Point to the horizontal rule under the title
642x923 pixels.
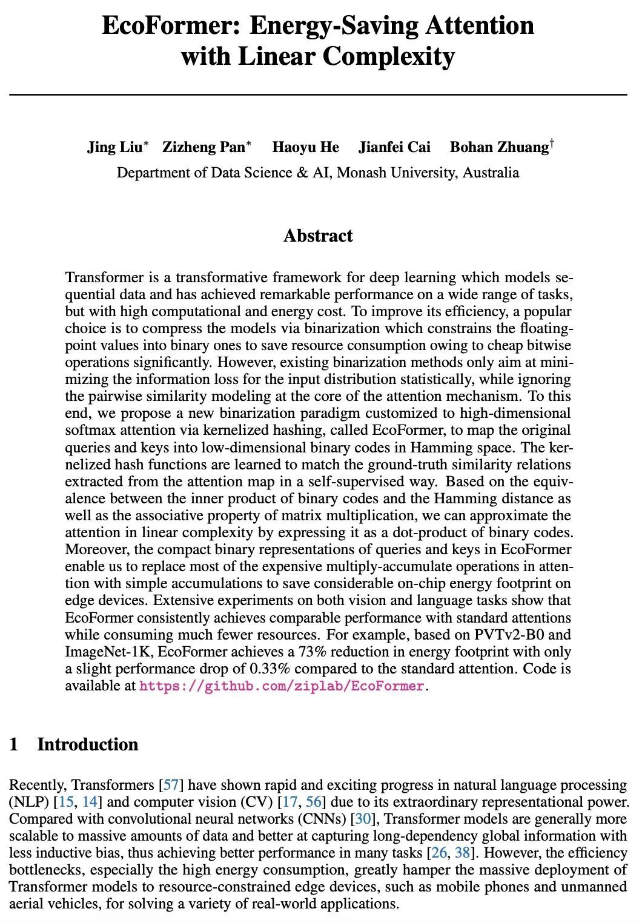point(318,95)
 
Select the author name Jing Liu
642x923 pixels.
point(114,147)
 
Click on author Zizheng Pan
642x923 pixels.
point(204,147)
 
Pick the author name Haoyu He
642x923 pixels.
point(305,147)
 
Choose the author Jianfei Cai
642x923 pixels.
point(394,147)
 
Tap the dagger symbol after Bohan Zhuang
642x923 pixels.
point(552,144)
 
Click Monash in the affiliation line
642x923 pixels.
point(361,173)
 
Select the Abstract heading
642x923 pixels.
point(318,236)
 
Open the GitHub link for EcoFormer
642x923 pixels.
point(282,686)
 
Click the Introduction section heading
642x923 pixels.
point(87,744)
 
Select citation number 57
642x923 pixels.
point(171,786)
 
